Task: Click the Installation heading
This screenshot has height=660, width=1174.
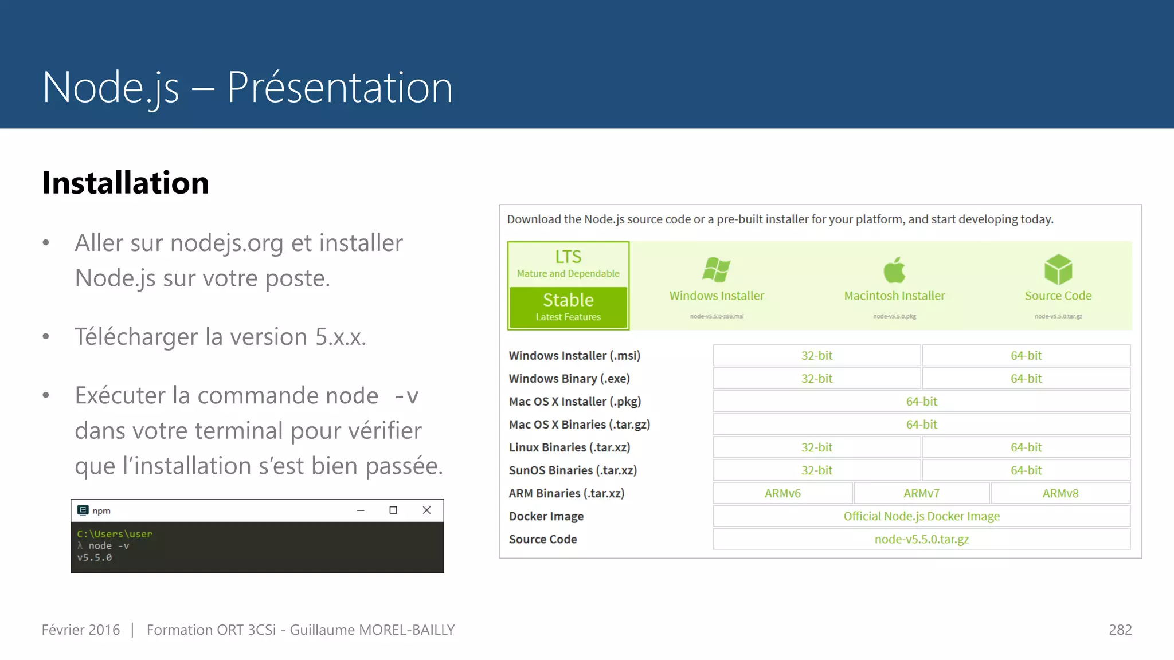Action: click(x=126, y=183)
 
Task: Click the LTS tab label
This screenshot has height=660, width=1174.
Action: click(x=568, y=257)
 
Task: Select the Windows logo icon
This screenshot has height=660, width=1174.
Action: click(x=717, y=269)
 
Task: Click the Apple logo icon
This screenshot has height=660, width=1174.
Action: click(x=894, y=269)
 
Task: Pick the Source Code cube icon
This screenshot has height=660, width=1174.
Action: click(x=1058, y=269)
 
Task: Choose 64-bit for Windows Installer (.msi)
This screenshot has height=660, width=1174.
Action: click(x=1026, y=356)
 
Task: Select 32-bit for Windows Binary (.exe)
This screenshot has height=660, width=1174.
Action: click(x=817, y=379)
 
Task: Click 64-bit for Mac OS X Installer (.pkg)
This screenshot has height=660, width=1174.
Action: click(x=921, y=402)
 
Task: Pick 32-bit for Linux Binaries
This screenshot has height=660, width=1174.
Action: click(x=817, y=447)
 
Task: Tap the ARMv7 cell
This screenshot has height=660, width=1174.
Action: click(x=921, y=493)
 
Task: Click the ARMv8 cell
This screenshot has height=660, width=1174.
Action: click(x=1060, y=493)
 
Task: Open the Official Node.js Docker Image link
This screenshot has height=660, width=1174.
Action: click(x=921, y=516)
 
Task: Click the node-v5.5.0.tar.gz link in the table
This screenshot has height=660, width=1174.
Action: click(x=921, y=539)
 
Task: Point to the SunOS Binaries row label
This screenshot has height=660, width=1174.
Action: click(x=573, y=470)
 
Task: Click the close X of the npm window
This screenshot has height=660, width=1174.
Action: click(x=426, y=510)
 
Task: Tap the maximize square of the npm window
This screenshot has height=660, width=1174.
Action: click(x=393, y=510)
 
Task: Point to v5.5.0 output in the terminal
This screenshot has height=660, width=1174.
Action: click(x=95, y=557)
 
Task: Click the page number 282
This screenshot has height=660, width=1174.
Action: click(x=1120, y=630)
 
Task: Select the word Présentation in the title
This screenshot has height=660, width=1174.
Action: click(x=340, y=88)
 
